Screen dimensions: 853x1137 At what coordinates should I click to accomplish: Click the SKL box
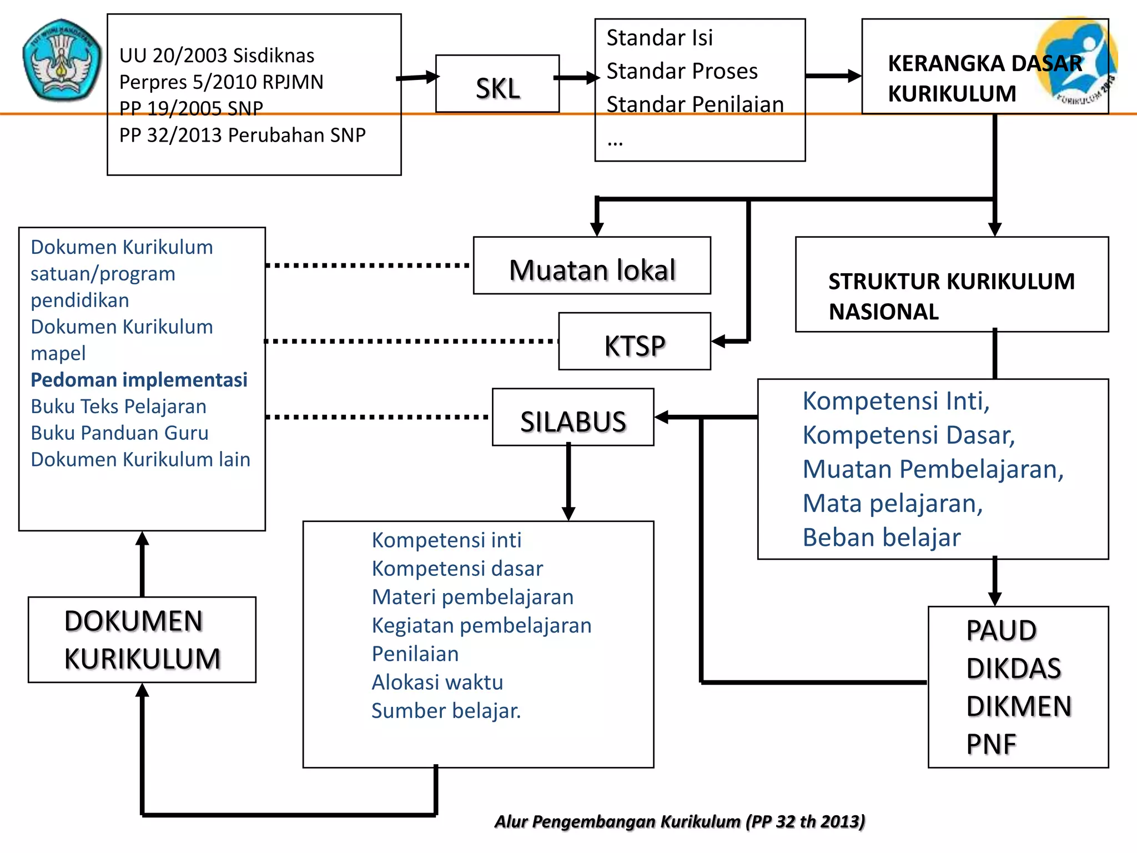tap(497, 84)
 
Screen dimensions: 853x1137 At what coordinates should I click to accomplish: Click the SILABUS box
tap(573, 418)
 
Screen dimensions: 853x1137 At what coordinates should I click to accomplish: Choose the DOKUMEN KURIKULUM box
tap(142, 640)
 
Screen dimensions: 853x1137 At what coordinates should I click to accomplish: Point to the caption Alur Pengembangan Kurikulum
tap(680, 821)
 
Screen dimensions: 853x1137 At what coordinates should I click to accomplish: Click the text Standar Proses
tap(682, 71)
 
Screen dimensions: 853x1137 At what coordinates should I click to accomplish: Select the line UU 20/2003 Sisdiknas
tap(217, 56)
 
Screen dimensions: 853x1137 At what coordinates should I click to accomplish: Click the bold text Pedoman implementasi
tap(139, 380)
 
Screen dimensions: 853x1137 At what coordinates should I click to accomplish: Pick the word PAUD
tap(1001, 631)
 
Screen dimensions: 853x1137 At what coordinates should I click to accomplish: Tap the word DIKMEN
tap(1019, 706)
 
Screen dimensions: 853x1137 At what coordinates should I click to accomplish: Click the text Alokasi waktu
tap(437, 683)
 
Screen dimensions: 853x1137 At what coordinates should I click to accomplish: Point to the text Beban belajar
tap(882, 538)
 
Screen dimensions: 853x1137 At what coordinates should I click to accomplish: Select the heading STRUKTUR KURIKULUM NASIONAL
tap(952, 297)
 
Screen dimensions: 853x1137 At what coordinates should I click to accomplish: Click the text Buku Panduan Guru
tap(119, 433)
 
